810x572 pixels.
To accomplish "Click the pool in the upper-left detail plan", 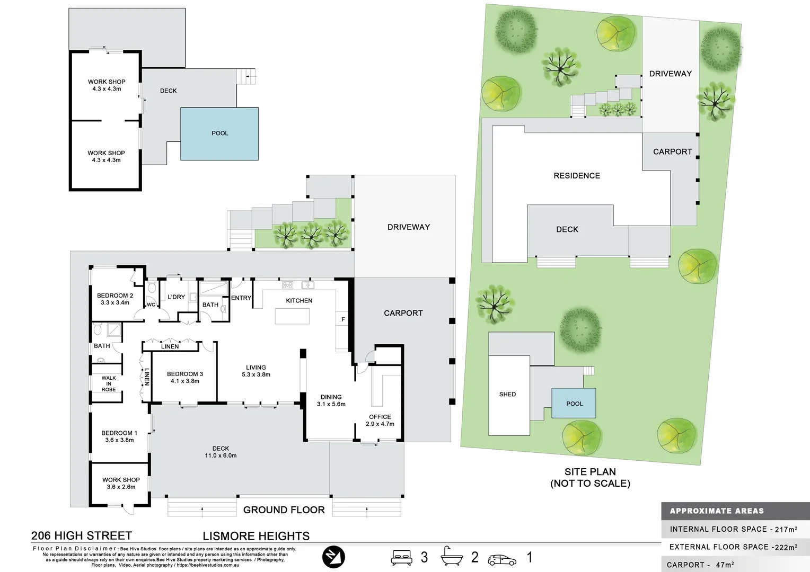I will [219, 133].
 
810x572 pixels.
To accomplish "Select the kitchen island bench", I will [292, 316].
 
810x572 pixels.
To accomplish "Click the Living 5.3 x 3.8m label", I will [256, 371].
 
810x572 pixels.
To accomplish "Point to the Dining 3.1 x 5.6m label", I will [331, 400].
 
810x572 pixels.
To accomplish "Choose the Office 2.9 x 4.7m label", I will [380, 421].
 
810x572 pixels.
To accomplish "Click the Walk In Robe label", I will [109, 384].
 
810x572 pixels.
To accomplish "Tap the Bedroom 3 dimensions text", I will [185, 381].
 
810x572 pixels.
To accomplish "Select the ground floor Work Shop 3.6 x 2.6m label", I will [121, 483].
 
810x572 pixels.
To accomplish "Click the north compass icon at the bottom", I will [333, 557].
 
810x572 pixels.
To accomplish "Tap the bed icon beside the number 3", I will [401, 558].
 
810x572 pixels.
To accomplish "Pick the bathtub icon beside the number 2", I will [451, 557].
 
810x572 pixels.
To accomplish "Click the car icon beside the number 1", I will [501, 559].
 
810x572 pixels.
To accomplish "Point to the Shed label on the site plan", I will [507, 394].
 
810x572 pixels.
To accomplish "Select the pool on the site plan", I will [574, 404].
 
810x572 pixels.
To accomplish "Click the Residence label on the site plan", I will [577, 176].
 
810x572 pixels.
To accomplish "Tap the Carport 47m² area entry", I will [700, 565].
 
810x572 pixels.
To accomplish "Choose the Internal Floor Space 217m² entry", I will [733, 529].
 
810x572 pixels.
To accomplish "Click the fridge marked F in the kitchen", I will [343, 319].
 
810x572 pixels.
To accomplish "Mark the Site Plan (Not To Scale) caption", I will [590, 477].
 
